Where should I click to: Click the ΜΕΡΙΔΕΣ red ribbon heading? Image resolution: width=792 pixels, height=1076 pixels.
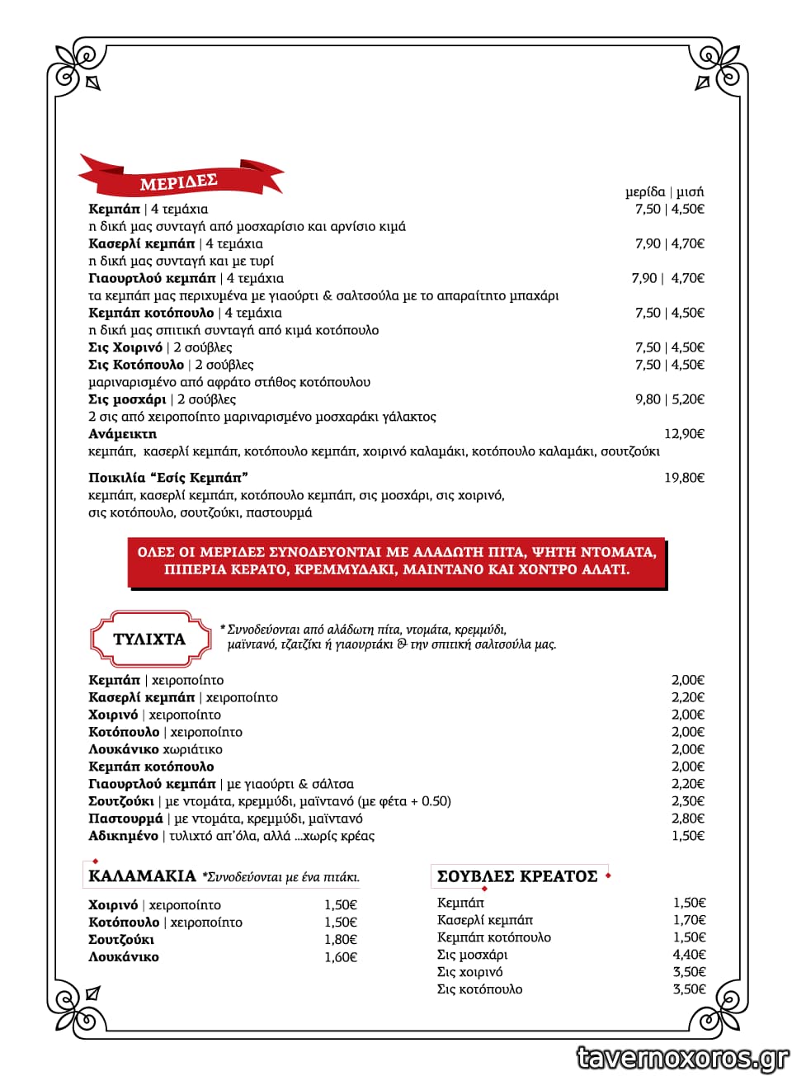pos(179,181)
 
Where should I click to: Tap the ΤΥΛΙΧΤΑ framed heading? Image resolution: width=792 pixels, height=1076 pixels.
pos(149,639)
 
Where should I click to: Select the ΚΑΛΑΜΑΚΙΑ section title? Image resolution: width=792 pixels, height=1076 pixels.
pos(142,875)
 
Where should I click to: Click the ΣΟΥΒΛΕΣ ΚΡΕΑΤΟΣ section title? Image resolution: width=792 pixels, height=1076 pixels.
pos(517,876)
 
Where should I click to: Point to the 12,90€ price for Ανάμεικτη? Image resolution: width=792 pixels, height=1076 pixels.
pos(684,434)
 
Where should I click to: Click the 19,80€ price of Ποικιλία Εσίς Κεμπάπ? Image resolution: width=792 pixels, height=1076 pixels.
pos(684,478)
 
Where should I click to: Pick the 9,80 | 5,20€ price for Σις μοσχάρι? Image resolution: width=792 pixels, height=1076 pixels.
pos(669,399)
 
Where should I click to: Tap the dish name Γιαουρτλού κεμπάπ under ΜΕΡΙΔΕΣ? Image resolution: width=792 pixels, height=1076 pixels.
pos(152,278)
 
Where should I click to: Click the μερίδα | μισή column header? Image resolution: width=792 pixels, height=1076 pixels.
pos(664,191)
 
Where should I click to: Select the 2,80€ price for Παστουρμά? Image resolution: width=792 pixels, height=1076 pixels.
pos(687,819)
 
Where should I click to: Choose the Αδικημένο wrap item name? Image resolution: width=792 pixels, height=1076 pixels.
pos(123,836)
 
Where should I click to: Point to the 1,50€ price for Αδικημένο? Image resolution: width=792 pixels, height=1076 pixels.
pos(687,836)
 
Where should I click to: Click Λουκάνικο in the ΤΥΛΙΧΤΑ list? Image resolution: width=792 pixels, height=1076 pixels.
pos(124,749)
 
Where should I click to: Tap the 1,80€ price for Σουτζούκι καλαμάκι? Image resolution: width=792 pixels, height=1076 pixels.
pos(340,940)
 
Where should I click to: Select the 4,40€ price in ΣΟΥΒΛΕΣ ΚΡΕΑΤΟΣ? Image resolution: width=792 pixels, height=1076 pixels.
pos(689,955)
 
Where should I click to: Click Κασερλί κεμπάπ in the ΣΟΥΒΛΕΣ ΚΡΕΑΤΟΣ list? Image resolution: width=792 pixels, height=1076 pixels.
pos(485,920)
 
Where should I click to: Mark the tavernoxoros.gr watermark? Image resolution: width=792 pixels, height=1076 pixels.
pos(682,1057)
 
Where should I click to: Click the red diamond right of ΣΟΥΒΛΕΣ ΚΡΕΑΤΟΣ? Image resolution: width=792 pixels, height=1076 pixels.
pos(608,875)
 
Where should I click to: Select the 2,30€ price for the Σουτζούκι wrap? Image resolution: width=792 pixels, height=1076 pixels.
pos(687,801)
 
